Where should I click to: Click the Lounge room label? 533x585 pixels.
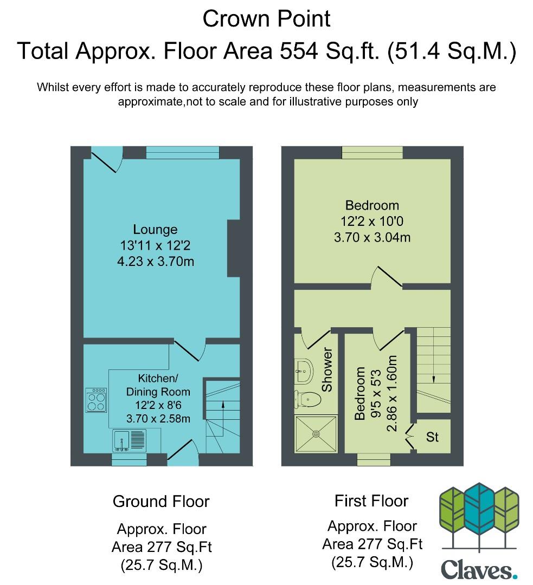(156, 229)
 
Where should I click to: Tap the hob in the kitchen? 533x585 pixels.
(96, 400)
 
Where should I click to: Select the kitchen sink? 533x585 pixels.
(129, 440)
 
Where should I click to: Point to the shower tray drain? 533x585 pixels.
(316, 434)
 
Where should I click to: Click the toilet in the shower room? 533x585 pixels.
(308, 400)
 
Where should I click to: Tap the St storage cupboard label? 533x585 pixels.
(432, 437)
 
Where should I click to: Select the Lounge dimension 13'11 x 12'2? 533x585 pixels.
(156, 245)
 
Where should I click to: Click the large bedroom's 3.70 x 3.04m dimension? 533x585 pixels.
(372, 237)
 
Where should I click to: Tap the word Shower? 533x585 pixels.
(327, 370)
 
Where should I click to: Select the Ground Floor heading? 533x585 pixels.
(161, 502)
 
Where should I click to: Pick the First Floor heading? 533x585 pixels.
(371, 500)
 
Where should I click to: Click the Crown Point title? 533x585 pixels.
(266, 18)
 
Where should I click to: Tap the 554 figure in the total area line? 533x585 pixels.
(299, 51)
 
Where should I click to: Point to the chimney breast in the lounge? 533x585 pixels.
(234, 249)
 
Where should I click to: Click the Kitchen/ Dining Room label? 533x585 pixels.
(158, 385)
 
